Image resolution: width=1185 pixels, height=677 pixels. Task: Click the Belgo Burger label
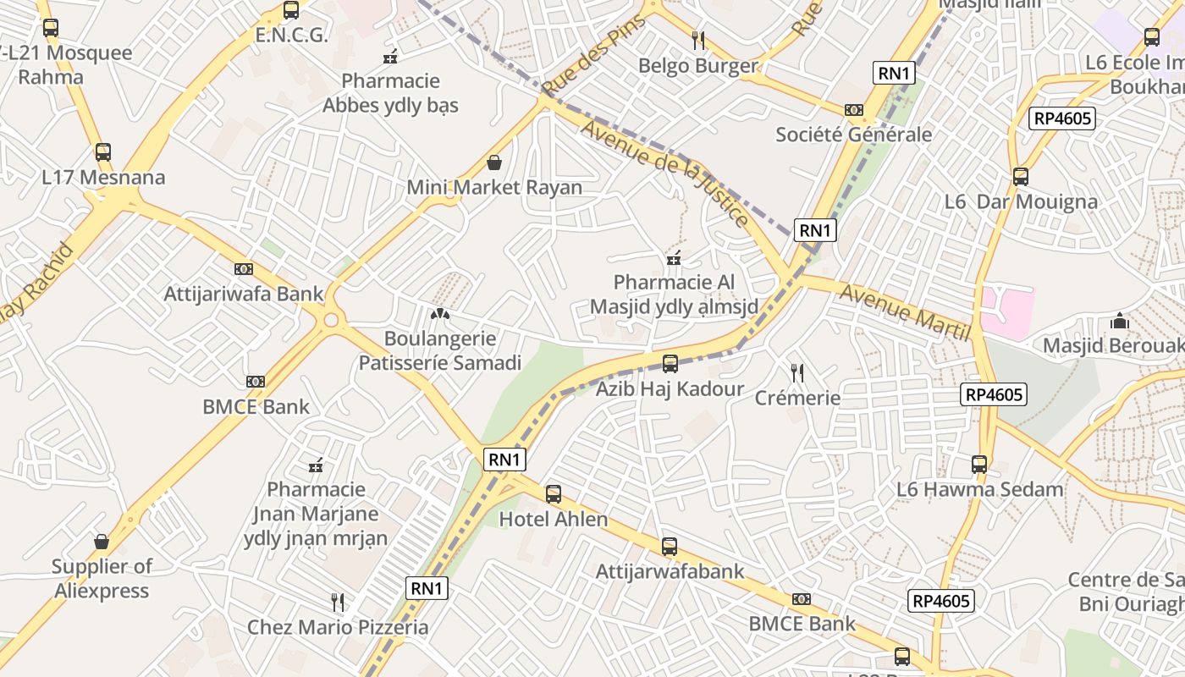[x=697, y=66]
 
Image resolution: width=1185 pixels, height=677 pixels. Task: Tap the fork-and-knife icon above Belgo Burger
[x=698, y=40]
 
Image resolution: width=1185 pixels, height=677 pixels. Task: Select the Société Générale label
[x=853, y=135]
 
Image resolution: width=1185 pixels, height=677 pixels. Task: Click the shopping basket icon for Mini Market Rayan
[x=494, y=162]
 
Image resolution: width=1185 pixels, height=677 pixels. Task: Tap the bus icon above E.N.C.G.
[x=291, y=10]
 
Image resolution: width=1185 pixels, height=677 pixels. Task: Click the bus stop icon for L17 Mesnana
[x=103, y=152]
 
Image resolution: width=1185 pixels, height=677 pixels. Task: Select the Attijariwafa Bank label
[x=244, y=294]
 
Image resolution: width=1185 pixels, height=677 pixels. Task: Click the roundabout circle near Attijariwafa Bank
[x=331, y=320]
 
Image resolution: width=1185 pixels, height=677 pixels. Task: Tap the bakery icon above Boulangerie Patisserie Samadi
[x=439, y=314]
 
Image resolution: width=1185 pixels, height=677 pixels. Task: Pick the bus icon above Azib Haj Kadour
[x=670, y=364]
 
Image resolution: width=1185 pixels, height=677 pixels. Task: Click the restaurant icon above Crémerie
[x=796, y=372]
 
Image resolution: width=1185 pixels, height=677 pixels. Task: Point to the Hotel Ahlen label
[x=554, y=520]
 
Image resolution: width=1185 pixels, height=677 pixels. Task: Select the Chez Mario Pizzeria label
[x=337, y=628]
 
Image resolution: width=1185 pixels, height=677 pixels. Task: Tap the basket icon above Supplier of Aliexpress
[x=102, y=542]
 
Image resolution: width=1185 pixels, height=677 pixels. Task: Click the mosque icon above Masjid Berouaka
[x=1120, y=322]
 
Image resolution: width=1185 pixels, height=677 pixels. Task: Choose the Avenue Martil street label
[x=905, y=312]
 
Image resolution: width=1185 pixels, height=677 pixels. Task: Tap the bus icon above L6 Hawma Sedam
[x=979, y=465]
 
